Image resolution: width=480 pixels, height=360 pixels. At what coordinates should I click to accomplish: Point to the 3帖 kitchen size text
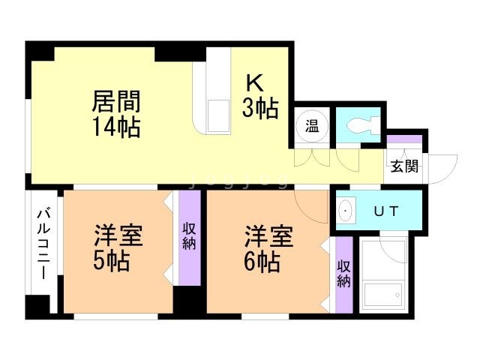[x=259, y=109]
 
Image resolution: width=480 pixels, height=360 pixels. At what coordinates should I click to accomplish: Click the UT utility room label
[x=385, y=211]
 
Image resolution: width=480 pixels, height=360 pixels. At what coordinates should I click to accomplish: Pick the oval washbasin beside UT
[x=345, y=211]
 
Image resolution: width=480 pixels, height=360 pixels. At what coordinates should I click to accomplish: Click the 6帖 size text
[x=262, y=262]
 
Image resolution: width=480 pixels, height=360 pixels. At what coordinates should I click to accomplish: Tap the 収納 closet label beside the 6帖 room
[x=343, y=274]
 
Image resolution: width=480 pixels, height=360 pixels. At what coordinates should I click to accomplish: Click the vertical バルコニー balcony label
[x=43, y=244]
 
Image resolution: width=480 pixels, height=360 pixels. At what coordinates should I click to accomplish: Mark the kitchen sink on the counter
[x=217, y=112]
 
